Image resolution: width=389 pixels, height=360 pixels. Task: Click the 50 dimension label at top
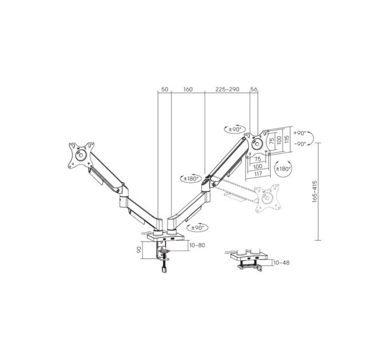[165, 89]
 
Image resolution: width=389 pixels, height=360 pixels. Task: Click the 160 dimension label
[188, 89]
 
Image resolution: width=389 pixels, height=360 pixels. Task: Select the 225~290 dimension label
[227, 89]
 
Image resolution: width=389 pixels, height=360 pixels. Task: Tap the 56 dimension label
[254, 89]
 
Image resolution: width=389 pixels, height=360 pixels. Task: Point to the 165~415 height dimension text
[315, 192]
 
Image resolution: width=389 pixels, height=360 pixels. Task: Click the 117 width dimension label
[258, 174]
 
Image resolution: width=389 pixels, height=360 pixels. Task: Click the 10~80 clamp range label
[197, 245]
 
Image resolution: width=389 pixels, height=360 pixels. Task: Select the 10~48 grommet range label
[281, 263]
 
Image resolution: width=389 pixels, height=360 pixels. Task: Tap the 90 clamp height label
[140, 250]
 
